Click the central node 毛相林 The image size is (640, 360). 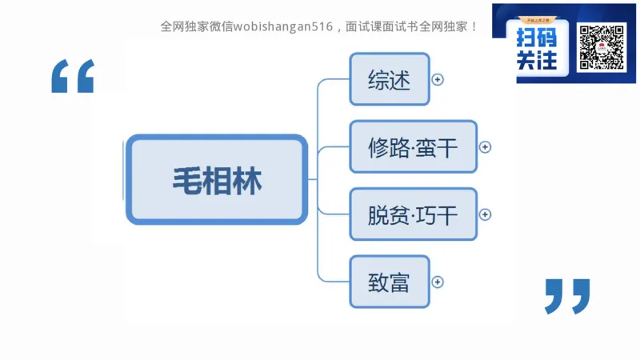217,179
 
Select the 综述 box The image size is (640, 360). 390,79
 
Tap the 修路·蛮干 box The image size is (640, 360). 413,147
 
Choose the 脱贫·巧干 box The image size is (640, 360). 413,214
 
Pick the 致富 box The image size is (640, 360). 390,282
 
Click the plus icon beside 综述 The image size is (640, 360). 438,79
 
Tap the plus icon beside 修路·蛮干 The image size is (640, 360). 486,147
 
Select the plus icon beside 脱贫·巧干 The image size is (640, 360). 486,214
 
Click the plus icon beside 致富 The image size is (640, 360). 438,282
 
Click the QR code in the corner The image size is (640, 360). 601,48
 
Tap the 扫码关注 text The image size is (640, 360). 537,48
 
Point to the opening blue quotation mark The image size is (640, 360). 73,76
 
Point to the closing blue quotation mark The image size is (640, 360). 567,296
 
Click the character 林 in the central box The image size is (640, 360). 246,179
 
